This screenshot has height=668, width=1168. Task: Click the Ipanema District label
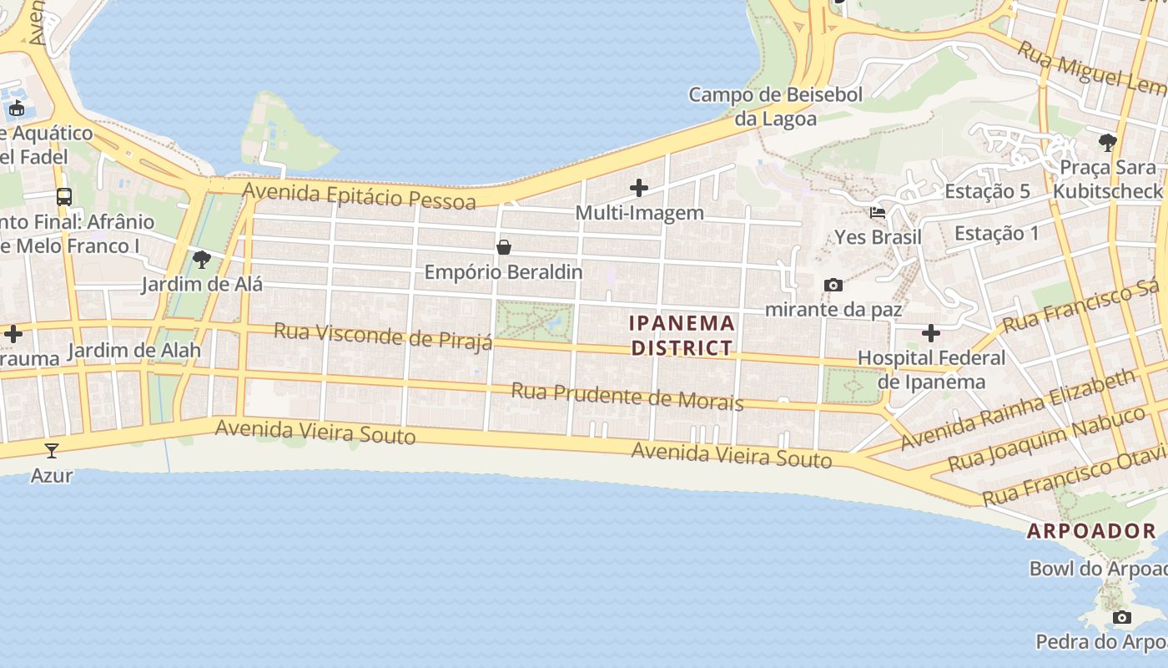(x=682, y=335)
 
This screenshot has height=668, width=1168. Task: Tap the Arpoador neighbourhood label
(x=1091, y=530)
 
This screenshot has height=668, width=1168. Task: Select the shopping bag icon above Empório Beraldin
(x=504, y=247)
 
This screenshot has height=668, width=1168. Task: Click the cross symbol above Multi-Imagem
(x=639, y=188)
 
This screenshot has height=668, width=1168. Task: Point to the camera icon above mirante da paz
(x=833, y=286)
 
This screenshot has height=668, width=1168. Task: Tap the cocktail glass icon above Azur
(x=52, y=451)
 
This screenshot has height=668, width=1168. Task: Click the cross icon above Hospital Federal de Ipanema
(x=931, y=334)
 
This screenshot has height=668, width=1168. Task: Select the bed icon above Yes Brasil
(x=878, y=213)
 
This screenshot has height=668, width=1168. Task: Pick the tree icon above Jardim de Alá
(x=201, y=260)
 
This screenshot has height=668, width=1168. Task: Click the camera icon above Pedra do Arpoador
(x=1122, y=618)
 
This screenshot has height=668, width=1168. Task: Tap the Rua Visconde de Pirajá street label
(x=383, y=337)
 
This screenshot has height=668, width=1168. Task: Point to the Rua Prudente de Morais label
(x=627, y=396)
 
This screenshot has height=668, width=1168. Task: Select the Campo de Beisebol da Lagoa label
(x=775, y=107)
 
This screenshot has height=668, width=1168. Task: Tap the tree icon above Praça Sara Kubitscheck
(x=1108, y=143)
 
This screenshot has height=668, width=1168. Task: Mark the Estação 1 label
(x=997, y=233)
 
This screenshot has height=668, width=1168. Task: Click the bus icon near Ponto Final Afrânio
(x=64, y=197)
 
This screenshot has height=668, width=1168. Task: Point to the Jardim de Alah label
(x=133, y=350)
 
